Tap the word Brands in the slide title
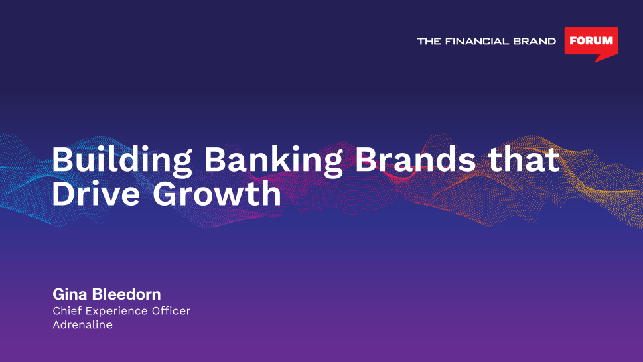[x=415, y=160]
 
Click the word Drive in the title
[x=96, y=193]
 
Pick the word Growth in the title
[x=217, y=193]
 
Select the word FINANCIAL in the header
[x=475, y=41]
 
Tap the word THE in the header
[x=429, y=41]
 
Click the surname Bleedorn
[x=127, y=294]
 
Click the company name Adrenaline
[x=82, y=324]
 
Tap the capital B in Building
[x=62, y=160]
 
